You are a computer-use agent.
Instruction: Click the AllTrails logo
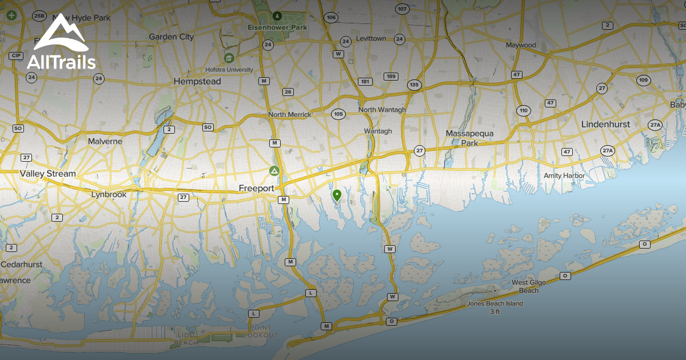(61, 42)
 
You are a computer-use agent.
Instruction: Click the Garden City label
(171, 37)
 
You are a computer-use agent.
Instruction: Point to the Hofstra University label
(229, 69)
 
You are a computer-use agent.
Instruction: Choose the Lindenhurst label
(605, 124)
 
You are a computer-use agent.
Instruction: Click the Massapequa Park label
(469, 138)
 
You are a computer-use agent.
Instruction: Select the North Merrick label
(290, 114)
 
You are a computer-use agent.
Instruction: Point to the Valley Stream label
(47, 173)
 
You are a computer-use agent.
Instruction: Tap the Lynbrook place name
(109, 194)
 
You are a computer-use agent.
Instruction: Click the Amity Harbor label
(564, 175)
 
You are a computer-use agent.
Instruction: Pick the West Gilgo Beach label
(525, 286)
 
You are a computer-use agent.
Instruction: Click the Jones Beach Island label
(494, 303)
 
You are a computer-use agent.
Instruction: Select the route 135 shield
(414, 85)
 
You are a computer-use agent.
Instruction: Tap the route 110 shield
(523, 110)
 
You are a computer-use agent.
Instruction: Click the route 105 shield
(338, 114)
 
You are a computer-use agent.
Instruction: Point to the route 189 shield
(391, 77)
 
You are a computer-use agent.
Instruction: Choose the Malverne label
(105, 141)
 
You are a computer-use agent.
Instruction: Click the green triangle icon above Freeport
(274, 170)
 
